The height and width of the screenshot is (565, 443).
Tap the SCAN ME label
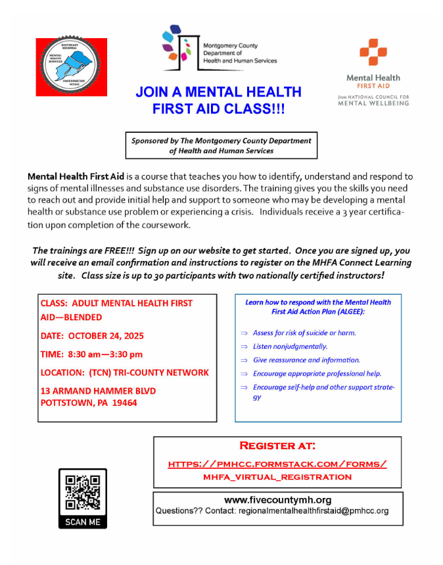[x=83, y=522]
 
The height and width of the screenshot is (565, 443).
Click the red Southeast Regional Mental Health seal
[x=72, y=67]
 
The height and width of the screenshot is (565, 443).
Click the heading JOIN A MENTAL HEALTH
[x=218, y=92]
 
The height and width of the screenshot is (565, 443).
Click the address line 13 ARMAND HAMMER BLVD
[x=99, y=391]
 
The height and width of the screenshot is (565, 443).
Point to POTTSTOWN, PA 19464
[x=89, y=403]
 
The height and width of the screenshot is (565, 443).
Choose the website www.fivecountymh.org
[x=277, y=500]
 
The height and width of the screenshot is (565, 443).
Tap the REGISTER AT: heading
[x=277, y=446]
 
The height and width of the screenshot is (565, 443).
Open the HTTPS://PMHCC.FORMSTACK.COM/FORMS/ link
[x=277, y=464]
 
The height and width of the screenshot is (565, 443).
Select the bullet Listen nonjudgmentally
[x=290, y=346]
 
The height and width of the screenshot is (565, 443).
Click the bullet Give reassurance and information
[x=306, y=360]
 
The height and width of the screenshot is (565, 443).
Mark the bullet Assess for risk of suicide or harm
[x=304, y=333]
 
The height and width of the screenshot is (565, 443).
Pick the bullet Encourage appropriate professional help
[x=317, y=374]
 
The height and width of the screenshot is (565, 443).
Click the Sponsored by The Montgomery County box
[x=221, y=145]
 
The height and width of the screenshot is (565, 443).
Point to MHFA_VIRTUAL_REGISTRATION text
[x=277, y=477]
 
